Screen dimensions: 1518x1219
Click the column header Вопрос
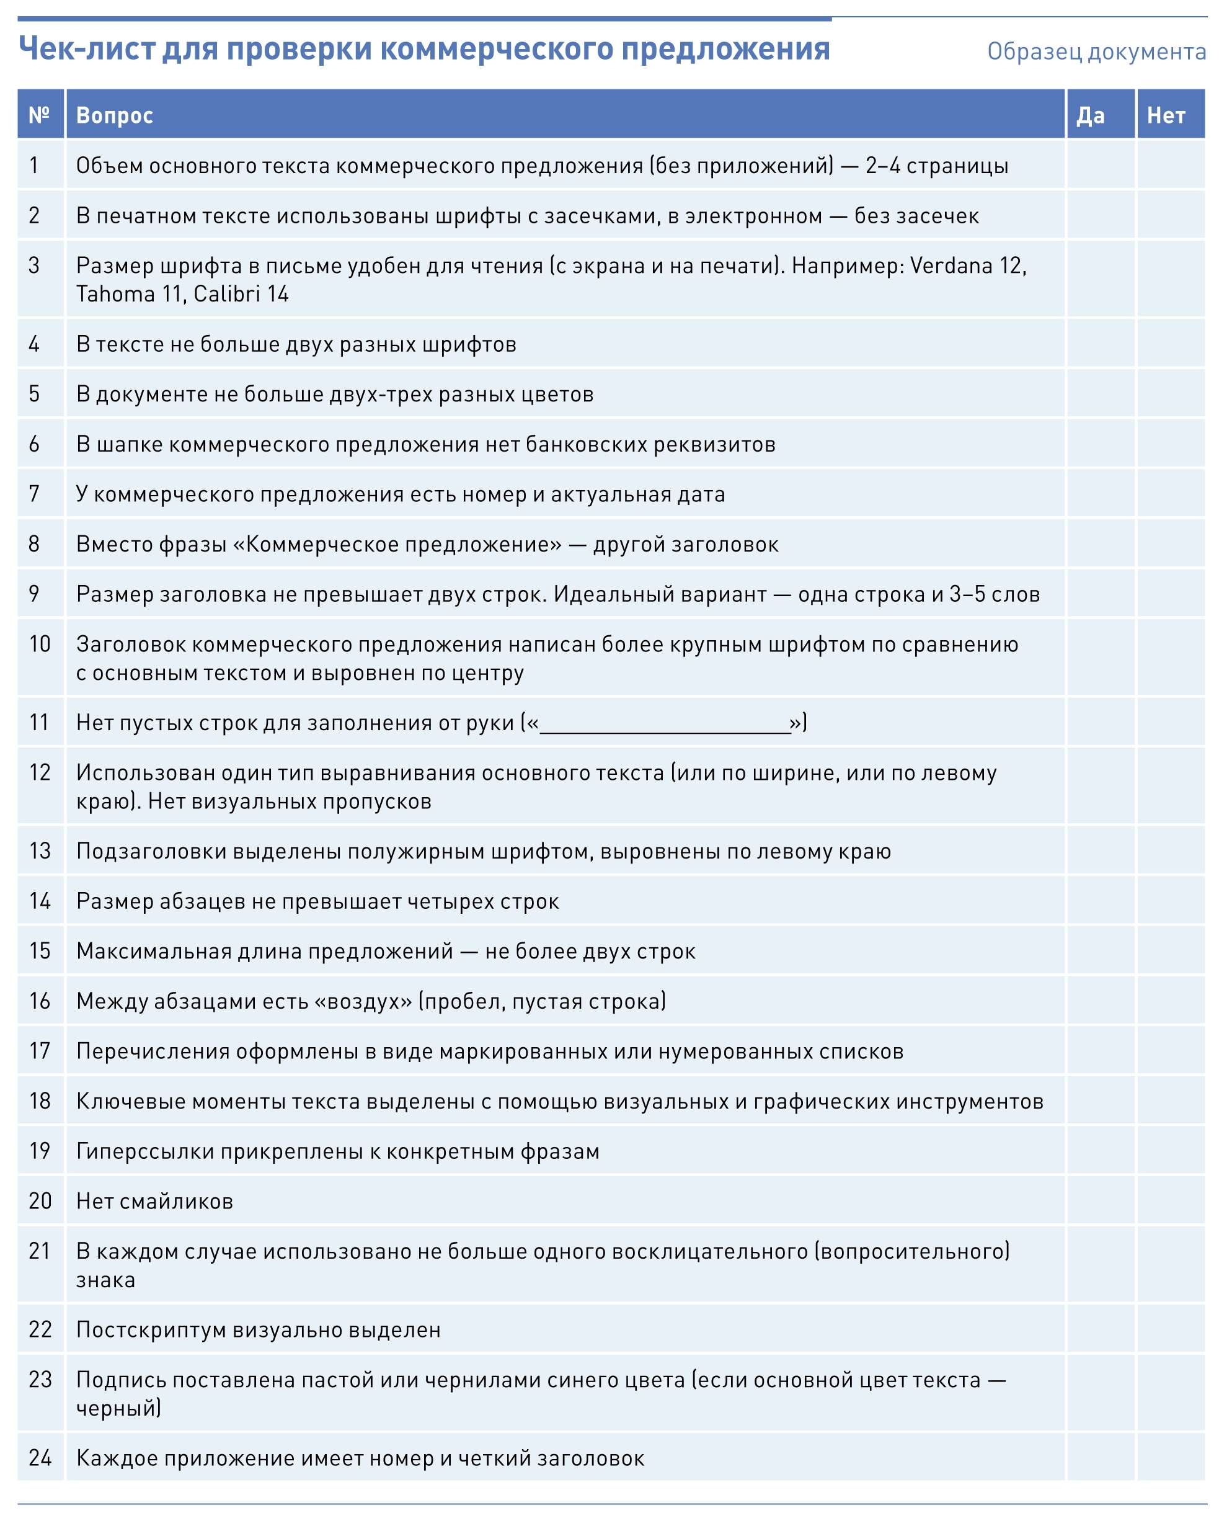click(x=114, y=115)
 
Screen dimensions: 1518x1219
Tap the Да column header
click(x=1090, y=115)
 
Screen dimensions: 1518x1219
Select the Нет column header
click(x=1166, y=115)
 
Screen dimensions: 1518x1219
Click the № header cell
click(x=40, y=115)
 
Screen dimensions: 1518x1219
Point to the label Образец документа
click(x=1096, y=51)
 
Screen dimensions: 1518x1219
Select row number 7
click(x=33, y=494)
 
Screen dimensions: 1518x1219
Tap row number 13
click(x=40, y=851)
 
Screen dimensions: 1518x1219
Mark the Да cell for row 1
click(x=1101, y=166)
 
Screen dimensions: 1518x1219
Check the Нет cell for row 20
click(x=1171, y=1201)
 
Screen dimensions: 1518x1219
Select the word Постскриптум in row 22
click(x=151, y=1329)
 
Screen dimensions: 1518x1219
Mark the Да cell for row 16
click(x=1101, y=1001)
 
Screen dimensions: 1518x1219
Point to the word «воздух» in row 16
click(x=363, y=1001)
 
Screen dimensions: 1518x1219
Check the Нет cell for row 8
click(x=1171, y=544)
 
